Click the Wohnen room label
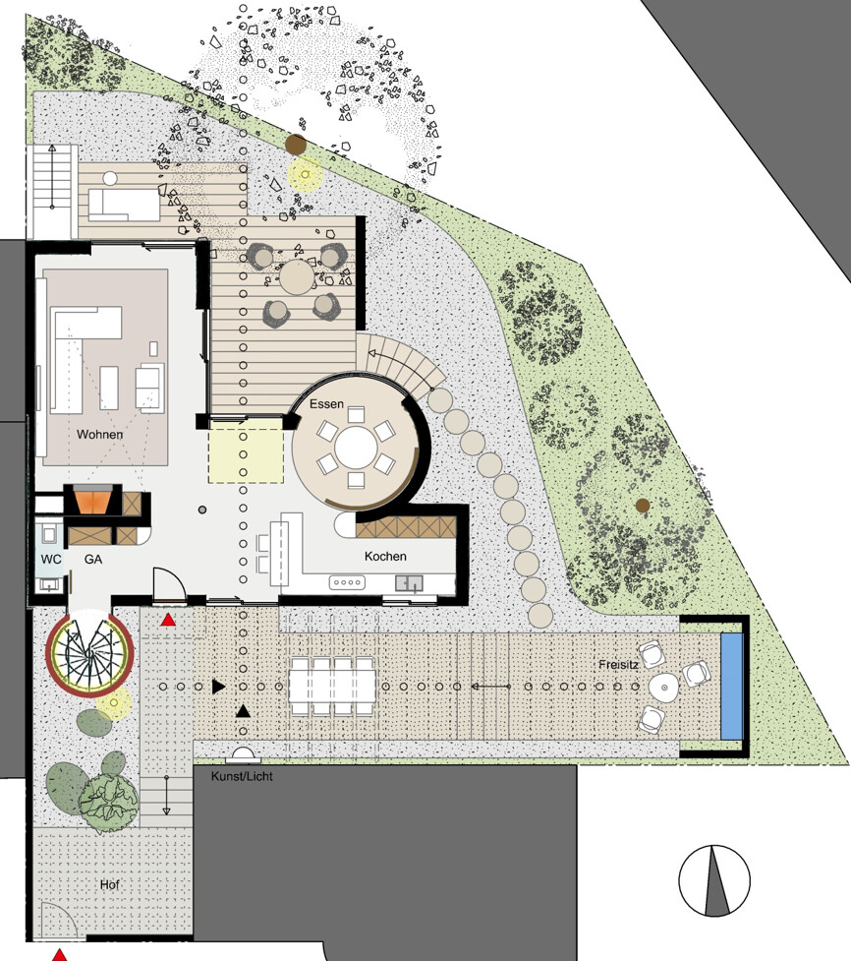pos(100,435)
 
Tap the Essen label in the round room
pos(326,404)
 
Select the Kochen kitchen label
pos(385,557)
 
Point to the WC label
pos(51,559)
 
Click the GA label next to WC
pos(93,559)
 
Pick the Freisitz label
pos(618,664)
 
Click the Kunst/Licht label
pos(242,776)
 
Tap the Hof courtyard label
pos(110,884)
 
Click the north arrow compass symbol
pos(714,880)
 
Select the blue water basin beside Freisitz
pos(732,686)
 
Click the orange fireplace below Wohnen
pos(93,500)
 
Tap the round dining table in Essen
pos(356,448)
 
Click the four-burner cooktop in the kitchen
pos(347,582)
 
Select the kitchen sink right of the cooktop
pos(409,583)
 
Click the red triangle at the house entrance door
pos(168,621)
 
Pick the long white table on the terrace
pos(332,686)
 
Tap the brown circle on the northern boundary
pos(297,145)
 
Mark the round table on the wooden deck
pos(297,277)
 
